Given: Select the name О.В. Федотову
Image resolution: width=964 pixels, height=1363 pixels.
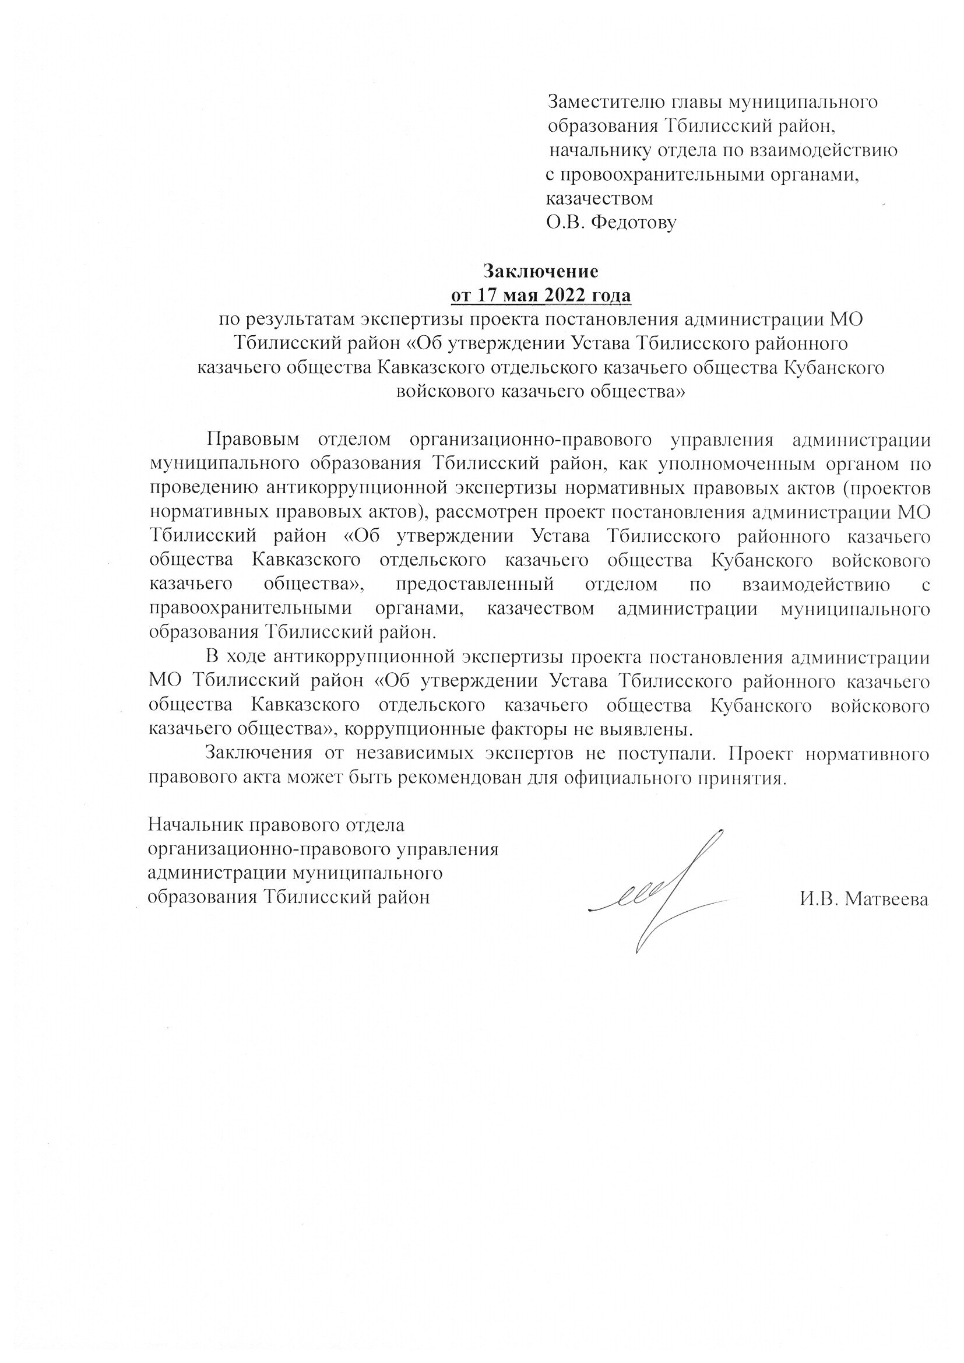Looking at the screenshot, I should (x=611, y=223).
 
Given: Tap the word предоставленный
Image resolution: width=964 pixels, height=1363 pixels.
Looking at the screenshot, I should (x=474, y=584).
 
